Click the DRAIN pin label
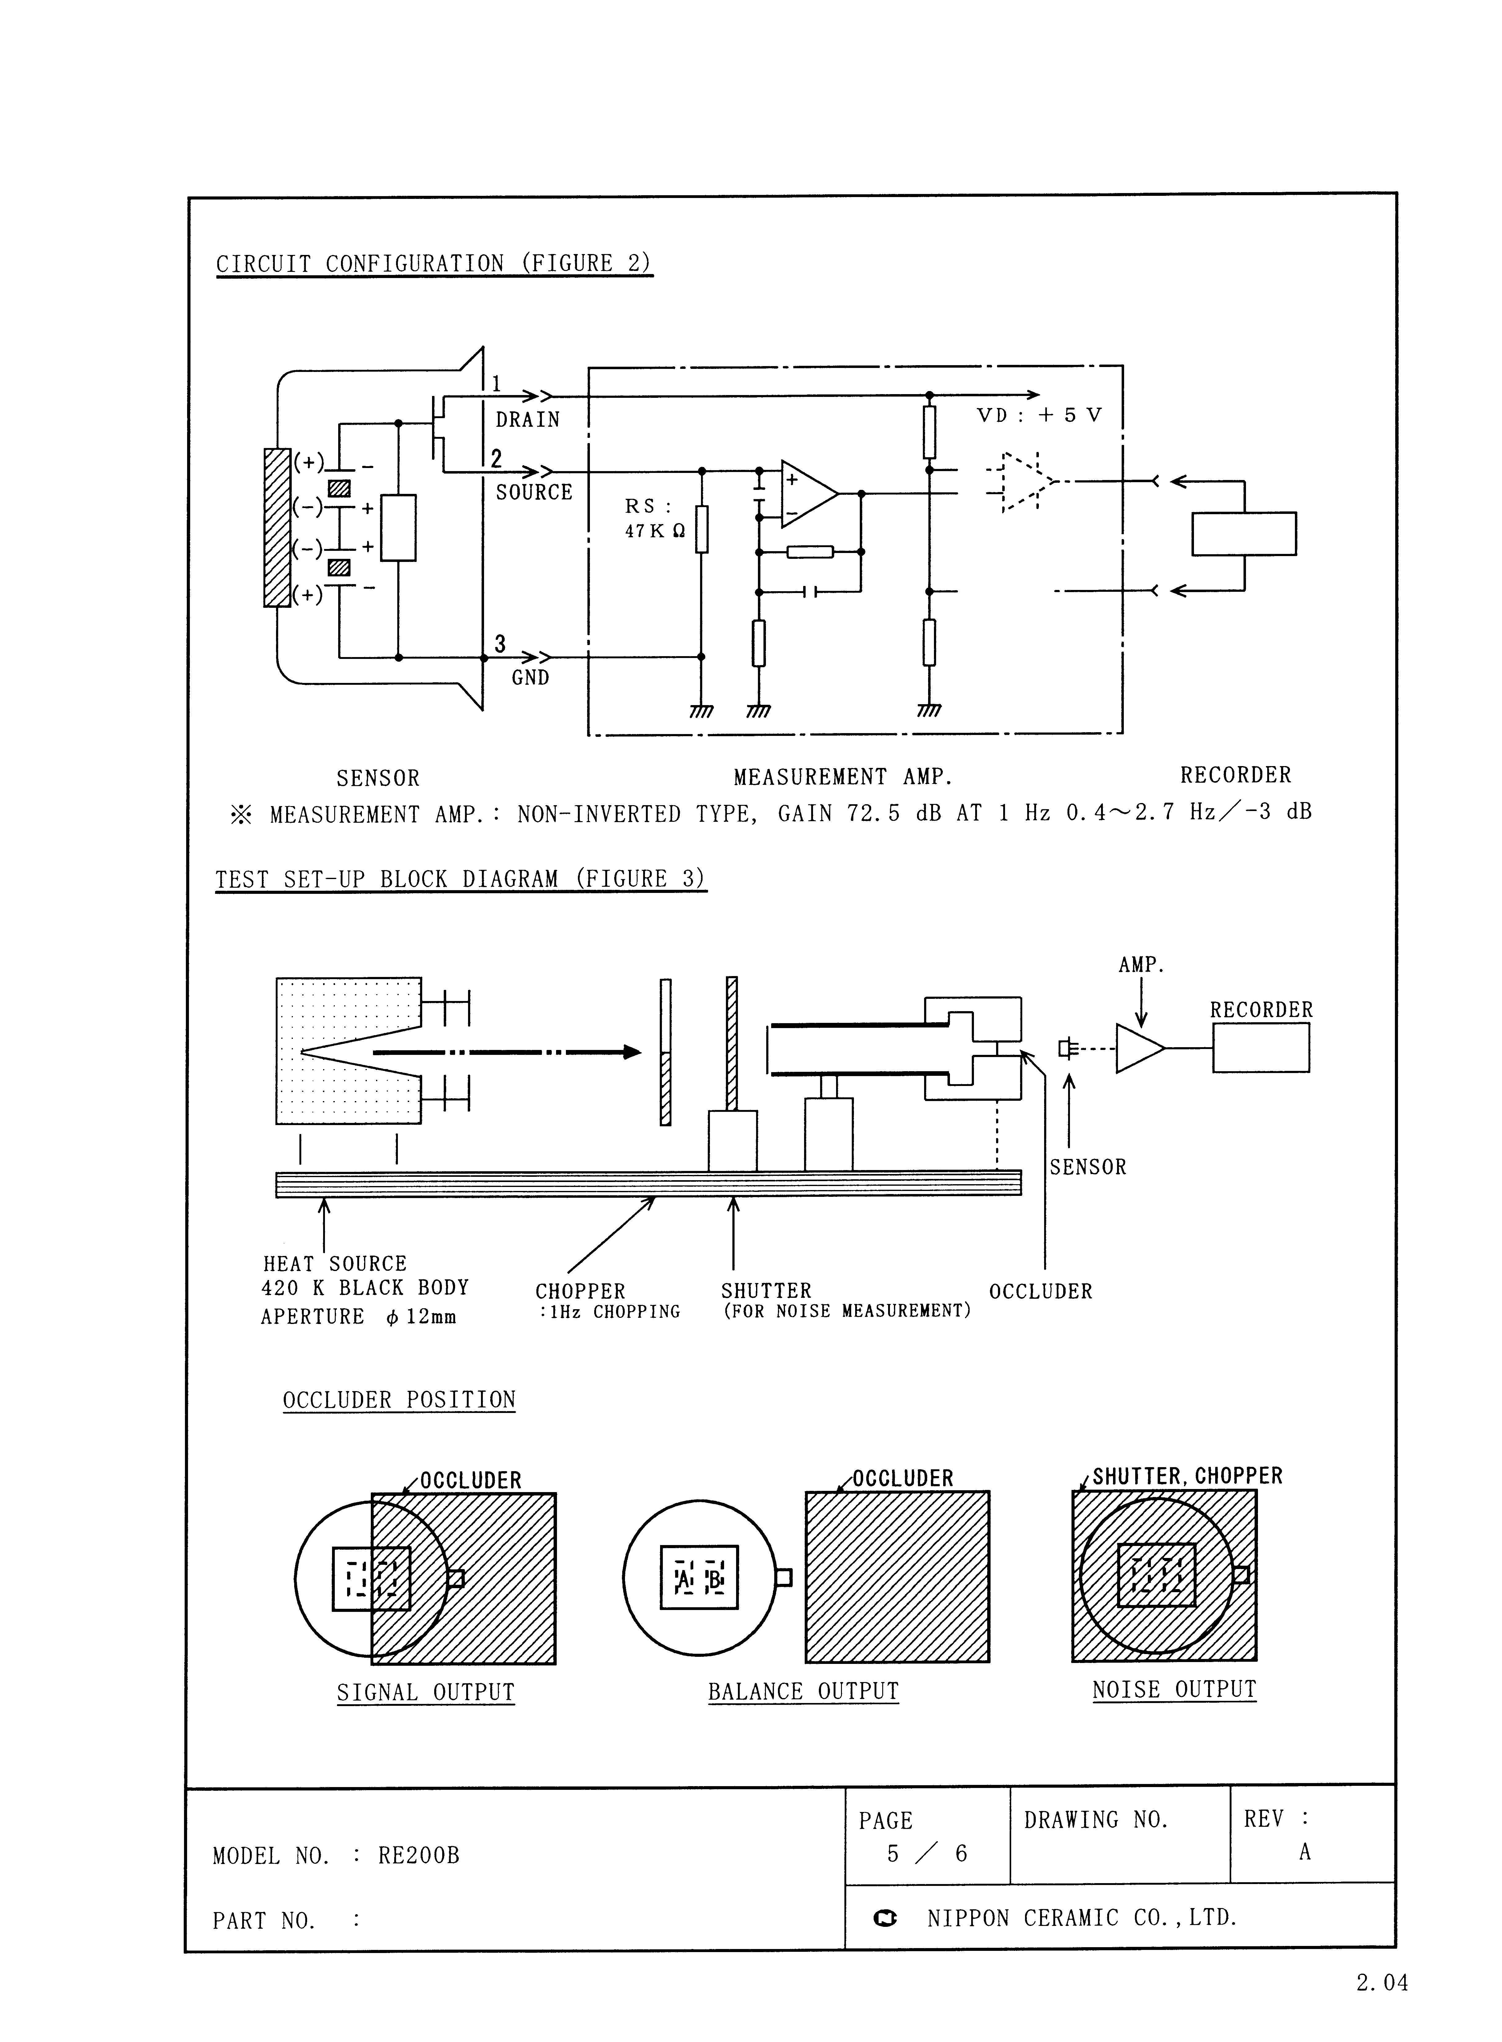(527, 419)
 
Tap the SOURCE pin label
(534, 492)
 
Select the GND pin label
(530, 678)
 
